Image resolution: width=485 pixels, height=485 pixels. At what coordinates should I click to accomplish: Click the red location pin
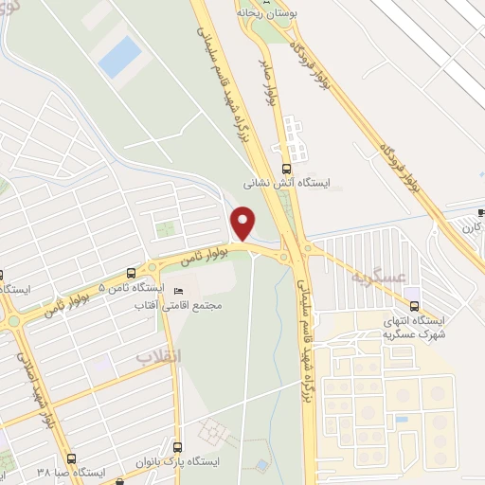pyautogui.click(x=243, y=223)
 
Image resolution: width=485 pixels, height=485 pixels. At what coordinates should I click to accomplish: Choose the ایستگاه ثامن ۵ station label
pyautogui.click(x=132, y=287)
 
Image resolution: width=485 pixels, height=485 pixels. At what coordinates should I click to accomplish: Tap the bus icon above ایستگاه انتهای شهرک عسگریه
pyautogui.click(x=415, y=305)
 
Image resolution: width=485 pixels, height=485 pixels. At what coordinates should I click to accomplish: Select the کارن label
pyautogui.click(x=471, y=227)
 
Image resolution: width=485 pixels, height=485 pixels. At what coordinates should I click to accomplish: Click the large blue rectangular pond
pyautogui.click(x=119, y=57)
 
